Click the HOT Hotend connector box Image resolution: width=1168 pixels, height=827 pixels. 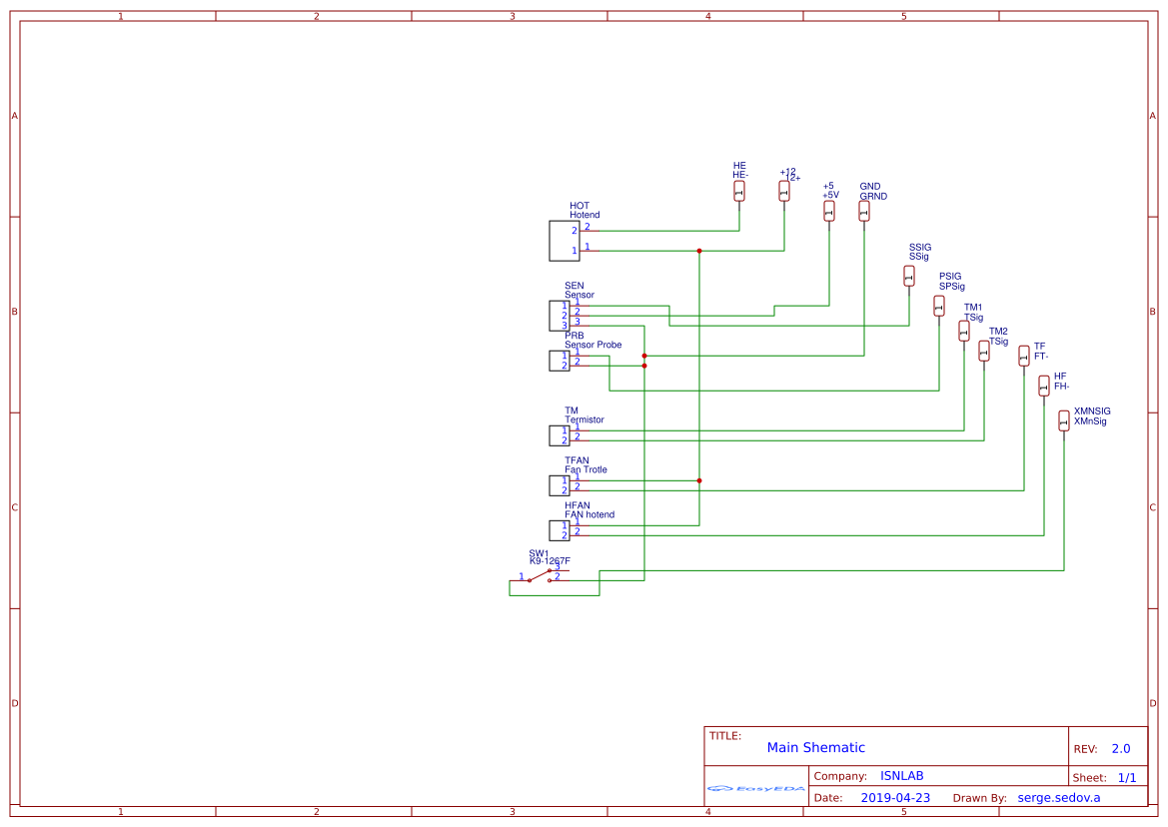click(x=564, y=241)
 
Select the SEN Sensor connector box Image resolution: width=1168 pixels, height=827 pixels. click(x=559, y=316)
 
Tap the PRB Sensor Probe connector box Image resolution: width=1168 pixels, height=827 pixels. click(x=559, y=361)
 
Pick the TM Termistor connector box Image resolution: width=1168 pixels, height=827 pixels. click(x=559, y=435)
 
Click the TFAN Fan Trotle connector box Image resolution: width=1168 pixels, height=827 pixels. click(x=559, y=485)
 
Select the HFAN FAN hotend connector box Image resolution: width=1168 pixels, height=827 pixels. click(x=559, y=530)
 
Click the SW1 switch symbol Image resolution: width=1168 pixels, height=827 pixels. click(x=541, y=575)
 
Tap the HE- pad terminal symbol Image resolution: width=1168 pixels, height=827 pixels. click(x=739, y=191)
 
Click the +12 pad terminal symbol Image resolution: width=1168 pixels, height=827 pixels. click(x=784, y=191)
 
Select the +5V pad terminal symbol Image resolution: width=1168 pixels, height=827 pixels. click(x=829, y=211)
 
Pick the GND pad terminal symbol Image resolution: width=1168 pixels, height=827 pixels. click(x=864, y=211)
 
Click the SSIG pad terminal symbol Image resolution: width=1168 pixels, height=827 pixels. click(x=909, y=276)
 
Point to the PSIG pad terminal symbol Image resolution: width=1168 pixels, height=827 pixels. click(x=939, y=306)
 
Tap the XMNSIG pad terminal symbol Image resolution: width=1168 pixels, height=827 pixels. click(x=1064, y=420)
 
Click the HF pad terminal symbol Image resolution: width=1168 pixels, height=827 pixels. click(x=1044, y=386)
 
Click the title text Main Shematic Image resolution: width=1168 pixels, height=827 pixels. click(x=815, y=747)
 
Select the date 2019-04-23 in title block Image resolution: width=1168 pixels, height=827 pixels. click(x=895, y=797)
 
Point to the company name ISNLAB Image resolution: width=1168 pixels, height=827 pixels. click(x=901, y=776)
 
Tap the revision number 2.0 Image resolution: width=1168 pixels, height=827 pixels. click(x=1121, y=748)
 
